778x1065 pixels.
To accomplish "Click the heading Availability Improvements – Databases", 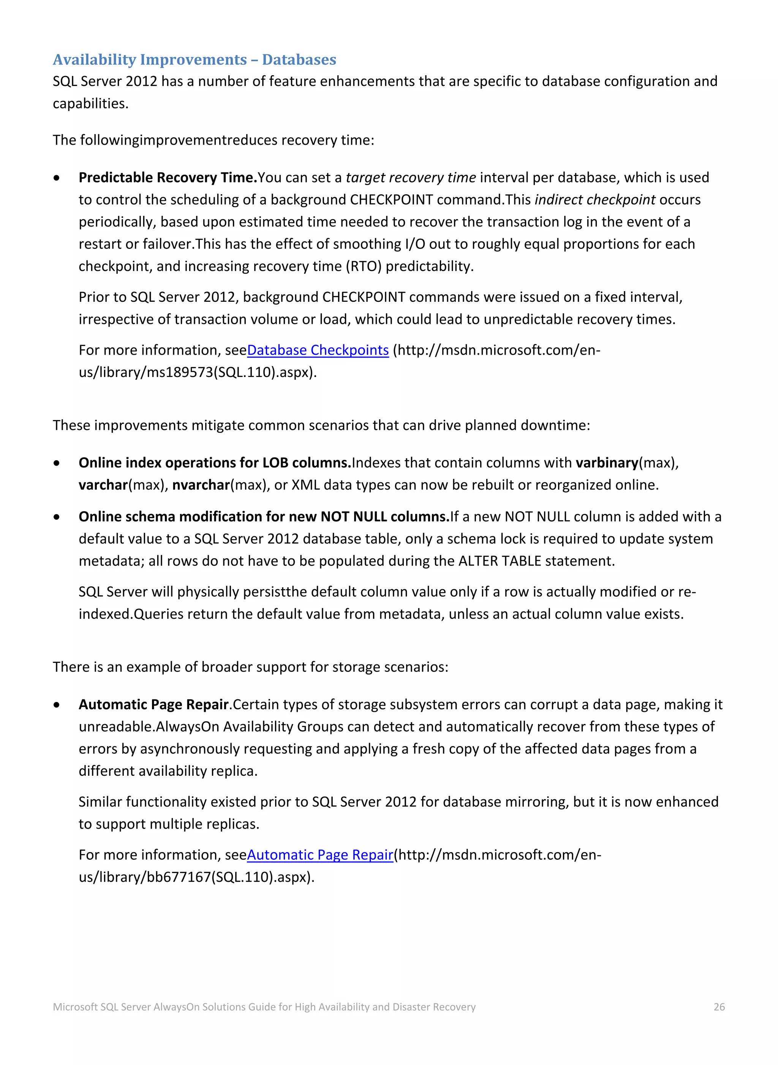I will point(194,60).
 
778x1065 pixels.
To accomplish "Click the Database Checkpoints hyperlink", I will point(318,350).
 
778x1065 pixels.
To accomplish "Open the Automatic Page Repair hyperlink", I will point(320,855).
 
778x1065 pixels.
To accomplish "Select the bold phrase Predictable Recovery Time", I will point(168,177).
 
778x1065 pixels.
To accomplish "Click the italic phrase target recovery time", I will point(411,177).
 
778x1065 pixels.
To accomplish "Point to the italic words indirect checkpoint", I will point(595,200).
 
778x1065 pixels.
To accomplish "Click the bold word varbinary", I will point(607,463).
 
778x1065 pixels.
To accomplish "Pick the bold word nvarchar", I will point(201,485).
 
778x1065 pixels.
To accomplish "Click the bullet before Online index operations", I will point(57,463).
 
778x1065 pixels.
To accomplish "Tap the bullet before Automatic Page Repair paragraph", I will point(57,705).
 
